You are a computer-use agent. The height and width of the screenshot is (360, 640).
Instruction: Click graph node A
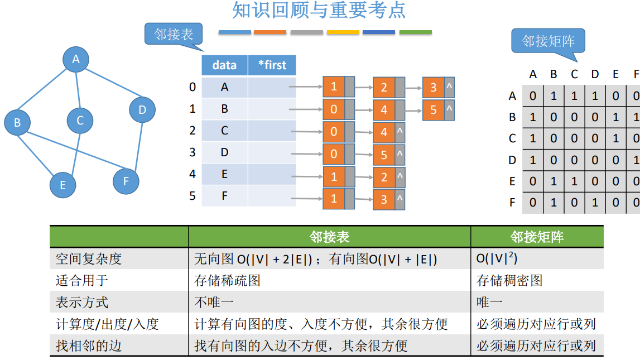tap(76, 59)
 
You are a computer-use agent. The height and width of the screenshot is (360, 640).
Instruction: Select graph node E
tap(62, 185)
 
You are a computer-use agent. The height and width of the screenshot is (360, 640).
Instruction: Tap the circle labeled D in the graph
tap(142, 110)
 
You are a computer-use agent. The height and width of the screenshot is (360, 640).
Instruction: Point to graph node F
tap(126, 181)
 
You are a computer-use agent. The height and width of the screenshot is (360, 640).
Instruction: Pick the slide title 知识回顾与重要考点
tap(319, 11)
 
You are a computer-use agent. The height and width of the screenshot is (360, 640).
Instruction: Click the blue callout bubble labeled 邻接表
tap(174, 35)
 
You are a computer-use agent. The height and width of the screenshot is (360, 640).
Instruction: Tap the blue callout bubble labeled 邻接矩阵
tap(548, 41)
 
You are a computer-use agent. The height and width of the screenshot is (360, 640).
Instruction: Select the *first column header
tap(272, 65)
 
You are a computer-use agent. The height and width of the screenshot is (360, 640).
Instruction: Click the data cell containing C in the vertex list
tap(224, 131)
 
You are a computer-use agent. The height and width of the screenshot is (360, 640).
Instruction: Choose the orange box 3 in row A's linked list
tap(434, 88)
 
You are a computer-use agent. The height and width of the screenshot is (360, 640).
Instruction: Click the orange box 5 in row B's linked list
tap(434, 109)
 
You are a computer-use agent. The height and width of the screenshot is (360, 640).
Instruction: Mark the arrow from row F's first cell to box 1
tap(306, 199)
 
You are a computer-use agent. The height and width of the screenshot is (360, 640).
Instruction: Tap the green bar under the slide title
tap(415, 32)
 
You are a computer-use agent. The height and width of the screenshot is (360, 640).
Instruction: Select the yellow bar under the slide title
tap(343, 32)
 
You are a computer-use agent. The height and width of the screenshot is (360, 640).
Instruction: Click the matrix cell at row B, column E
tap(615, 117)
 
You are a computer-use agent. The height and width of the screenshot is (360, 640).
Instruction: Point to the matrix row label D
tap(512, 160)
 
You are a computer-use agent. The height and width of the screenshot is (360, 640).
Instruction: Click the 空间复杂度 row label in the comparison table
tap(89, 259)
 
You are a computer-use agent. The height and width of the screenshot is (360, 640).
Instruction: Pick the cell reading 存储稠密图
tap(509, 280)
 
